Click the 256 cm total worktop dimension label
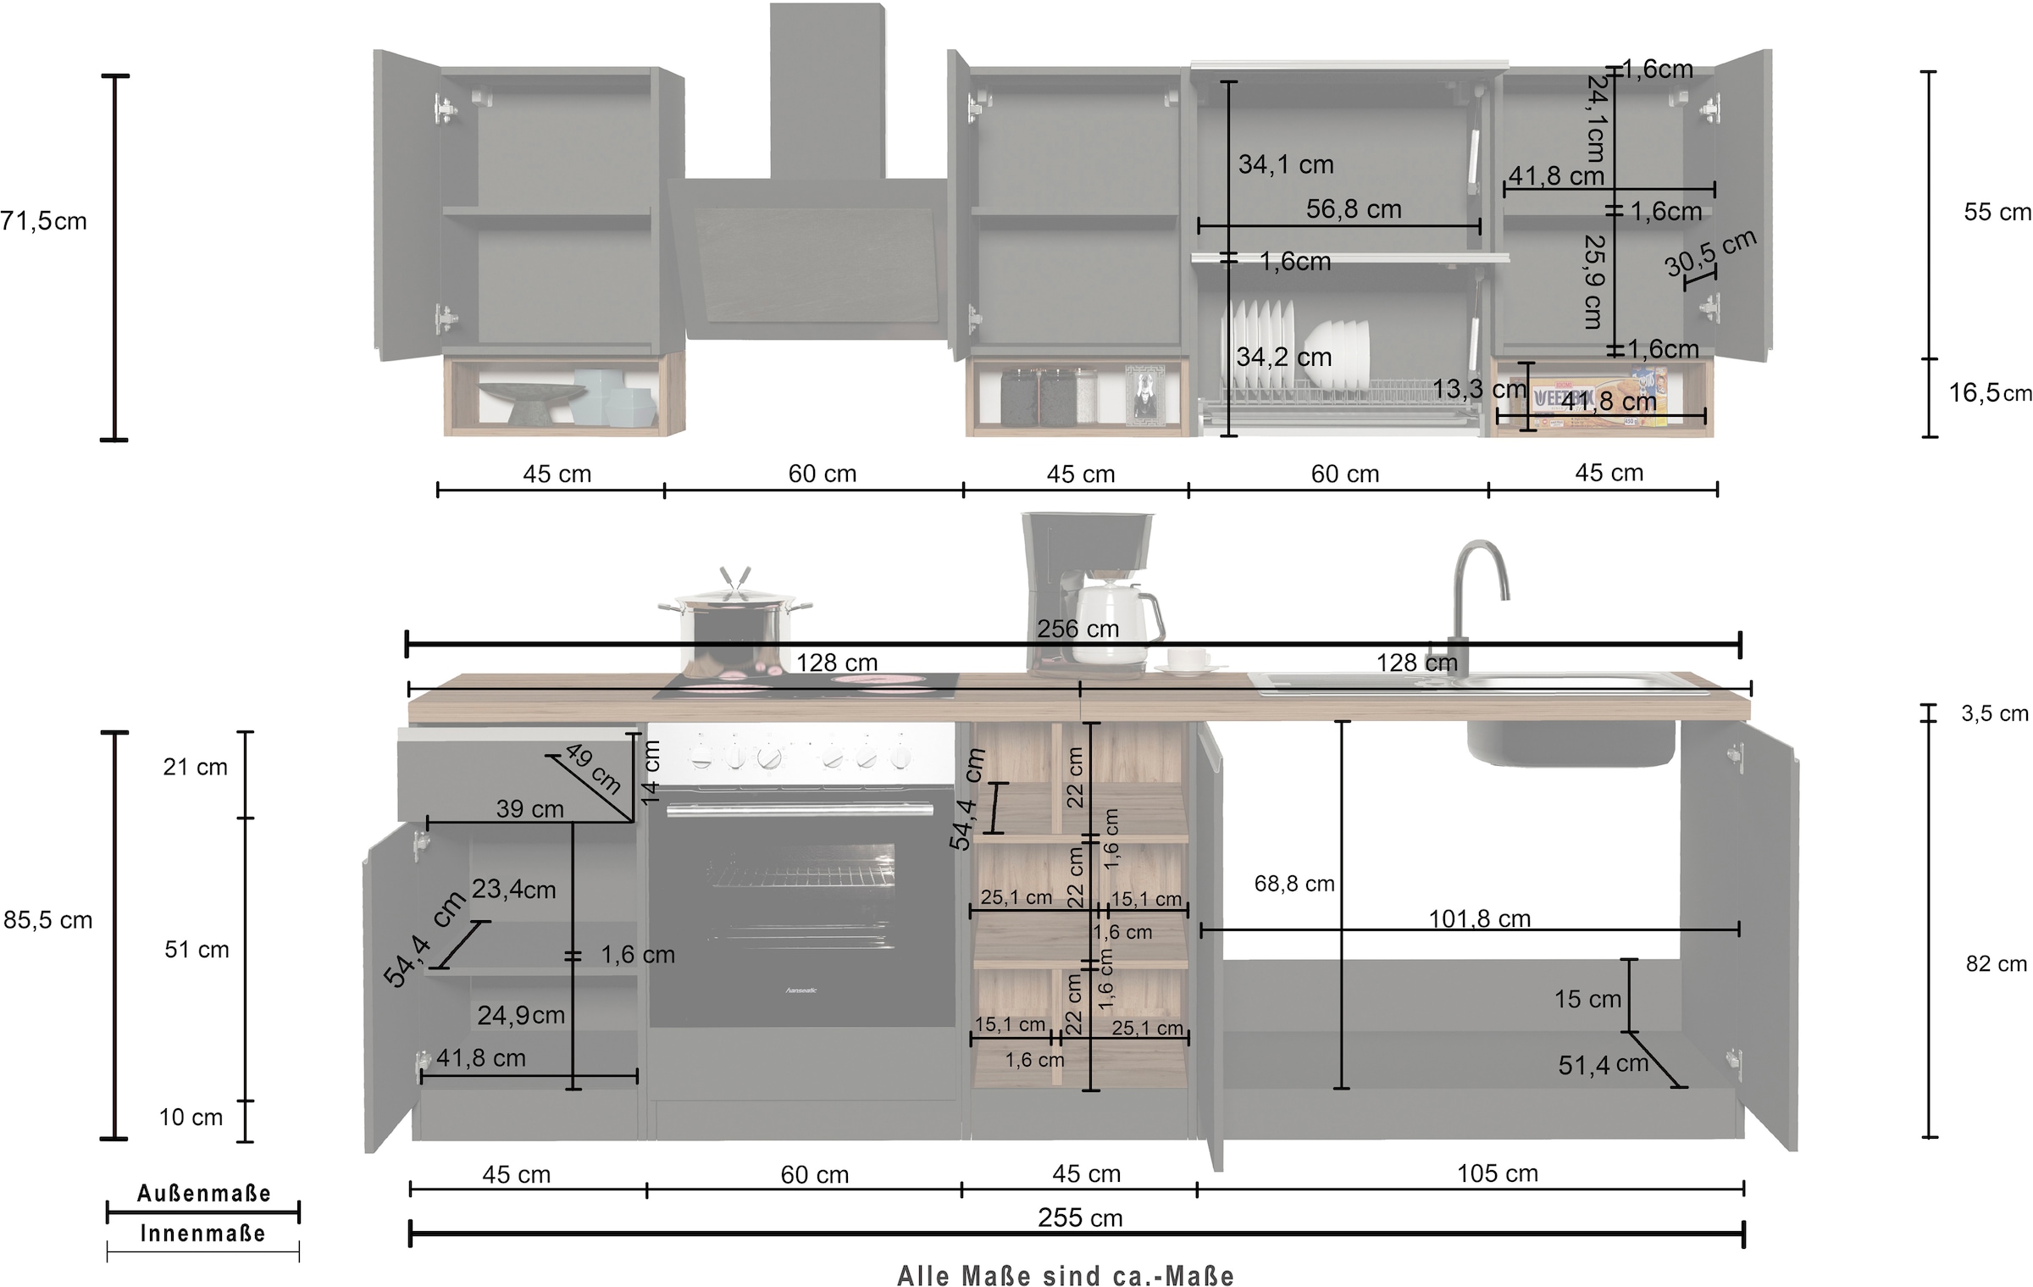click(1077, 629)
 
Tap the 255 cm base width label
click(1080, 1218)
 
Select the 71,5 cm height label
click(42, 221)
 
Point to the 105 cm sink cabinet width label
click(1497, 1173)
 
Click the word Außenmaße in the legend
click(204, 1194)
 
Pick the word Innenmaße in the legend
click(203, 1234)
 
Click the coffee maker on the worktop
click(1089, 593)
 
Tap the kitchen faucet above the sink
click(1478, 593)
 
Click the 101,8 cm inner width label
click(1479, 918)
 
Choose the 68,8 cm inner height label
click(1293, 884)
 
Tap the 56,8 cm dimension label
click(1353, 209)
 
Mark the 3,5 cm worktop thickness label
click(1994, 713)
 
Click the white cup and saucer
click(1186, 662)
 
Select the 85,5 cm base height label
click(47, 920)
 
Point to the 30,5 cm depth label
click(1709, 253)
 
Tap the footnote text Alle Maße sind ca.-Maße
click(1065, 1275)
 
